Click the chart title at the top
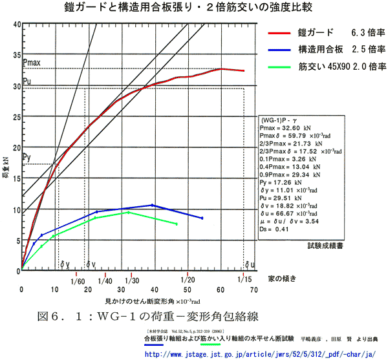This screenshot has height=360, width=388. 194,8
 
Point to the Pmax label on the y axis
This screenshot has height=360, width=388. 32,63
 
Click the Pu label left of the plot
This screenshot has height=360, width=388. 27,81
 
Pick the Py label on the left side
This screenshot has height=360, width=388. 27,158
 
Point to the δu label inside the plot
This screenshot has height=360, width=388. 249,264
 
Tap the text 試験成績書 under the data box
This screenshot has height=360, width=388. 326,246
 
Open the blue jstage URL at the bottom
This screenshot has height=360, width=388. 259,354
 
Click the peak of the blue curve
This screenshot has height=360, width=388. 152,205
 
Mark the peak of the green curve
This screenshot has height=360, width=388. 128,212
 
